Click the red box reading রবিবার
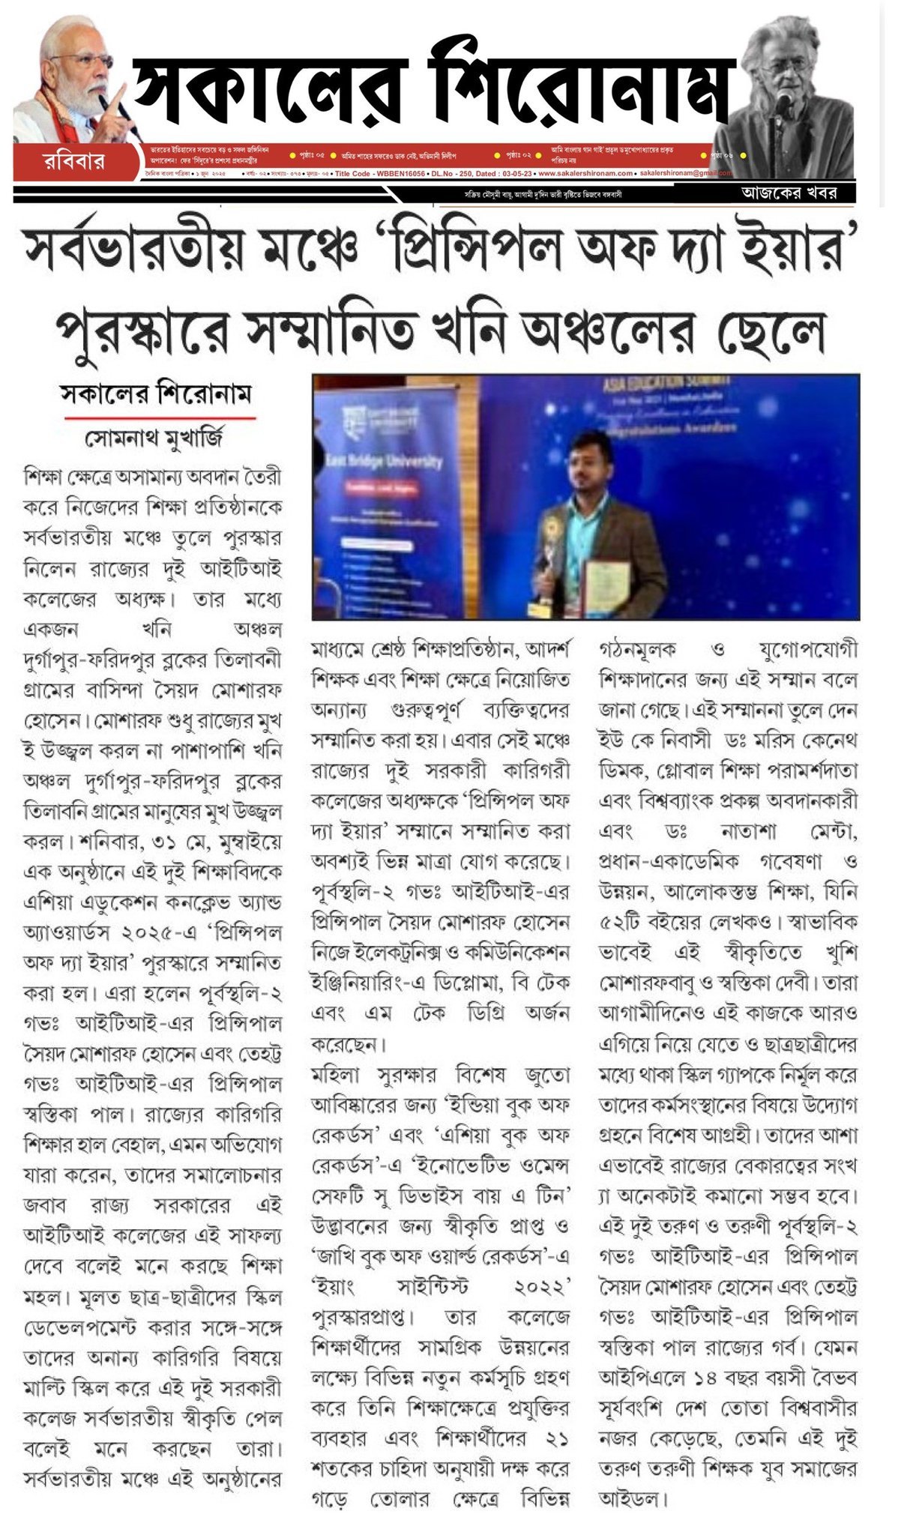[x=73, y=161]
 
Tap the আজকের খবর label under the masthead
[x=788, y=193]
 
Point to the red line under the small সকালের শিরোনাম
[x=160, y=417]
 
